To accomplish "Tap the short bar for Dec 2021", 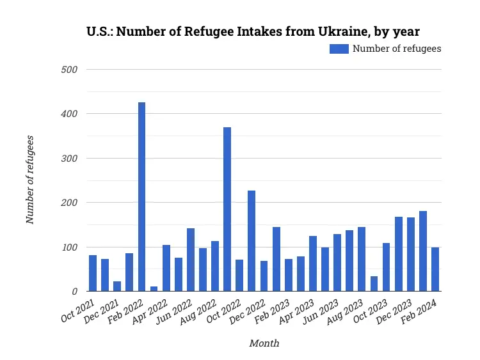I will [117, 286].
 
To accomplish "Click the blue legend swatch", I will [339, 49].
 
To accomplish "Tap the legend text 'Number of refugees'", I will [397, 49].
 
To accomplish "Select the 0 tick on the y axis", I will [74, 292].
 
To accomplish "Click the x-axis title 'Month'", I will [264, 343].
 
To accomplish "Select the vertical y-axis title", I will [29, 180].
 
